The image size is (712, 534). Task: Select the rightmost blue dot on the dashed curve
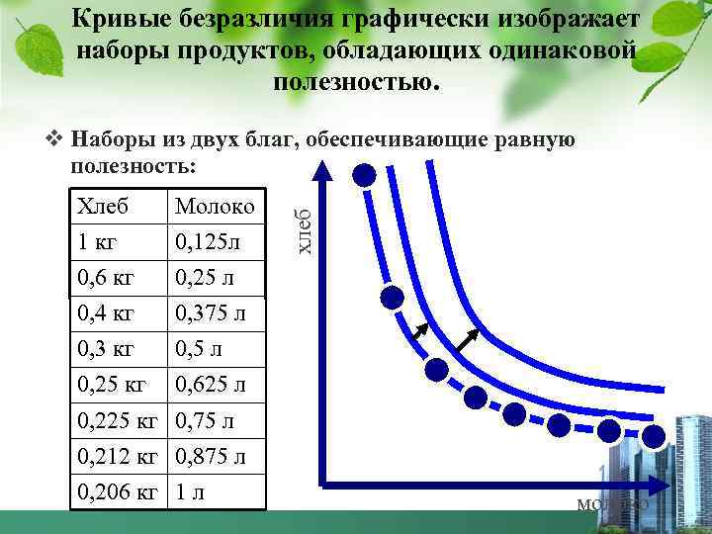point(654,436)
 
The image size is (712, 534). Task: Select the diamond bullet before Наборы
point(55,138)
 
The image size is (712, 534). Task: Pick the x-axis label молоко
point(612,504)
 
